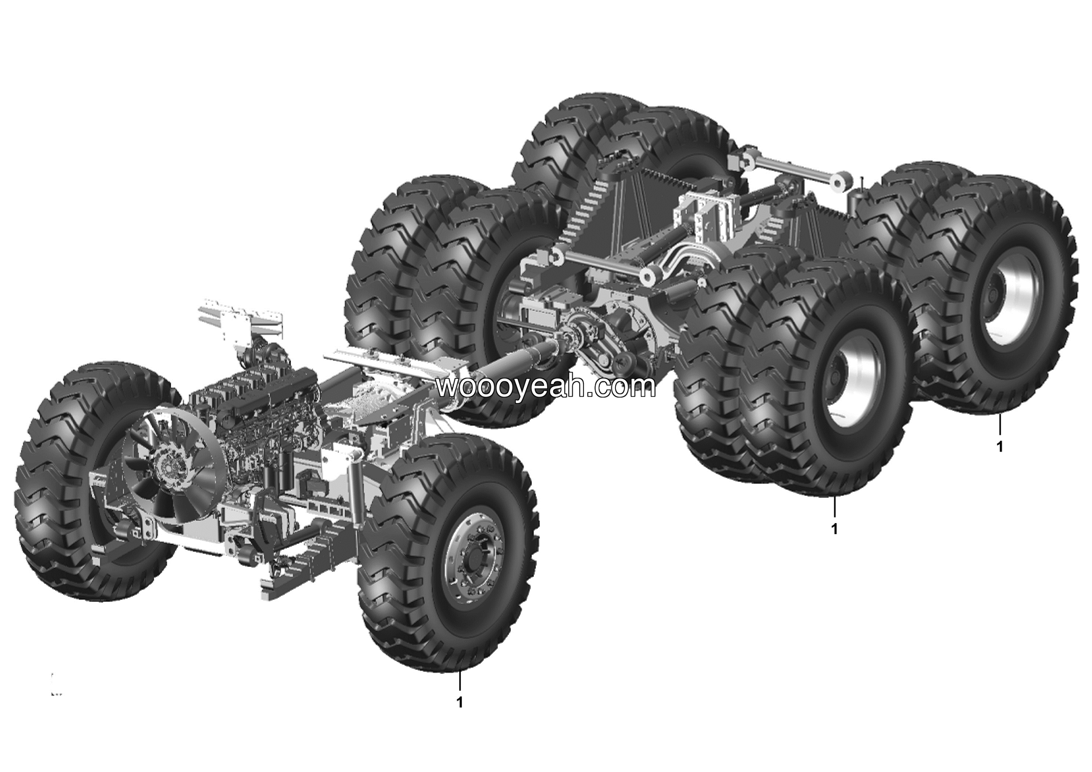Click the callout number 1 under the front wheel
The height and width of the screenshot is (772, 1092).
click(459, 702)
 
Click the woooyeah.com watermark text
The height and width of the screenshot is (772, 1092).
click(546, 386)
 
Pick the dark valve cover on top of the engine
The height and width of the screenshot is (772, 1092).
click(276, 390)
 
